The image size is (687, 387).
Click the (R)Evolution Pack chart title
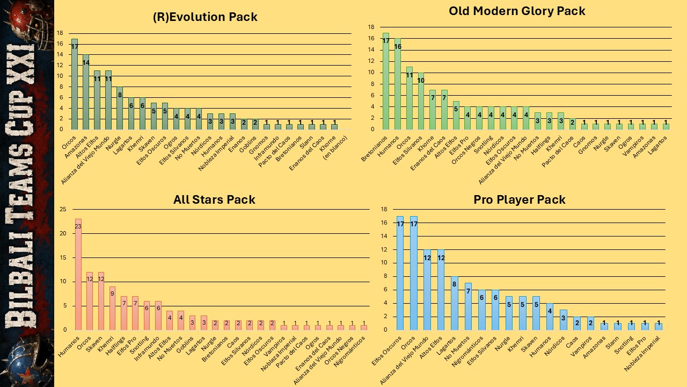click(x=205, y=17)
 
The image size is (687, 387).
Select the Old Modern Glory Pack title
click(x=517, y=11)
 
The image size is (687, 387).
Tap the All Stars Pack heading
click(x=214, y=199)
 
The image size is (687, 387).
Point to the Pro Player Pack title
click(x=519, y=199)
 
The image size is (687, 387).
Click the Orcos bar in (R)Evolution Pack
click(x=74, y=84)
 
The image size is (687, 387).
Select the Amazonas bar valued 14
click(x=85, y=92)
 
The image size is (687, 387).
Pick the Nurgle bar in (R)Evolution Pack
click(x=120, y=108)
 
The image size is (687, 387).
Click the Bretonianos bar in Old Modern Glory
click(x=386, y=81)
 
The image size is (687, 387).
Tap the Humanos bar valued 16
click(x=398, y=84)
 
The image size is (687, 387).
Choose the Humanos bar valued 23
click(x=78, y=275)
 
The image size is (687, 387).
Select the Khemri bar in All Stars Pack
click(x=112, y=309)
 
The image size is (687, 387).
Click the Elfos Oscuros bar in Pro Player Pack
click(x=400, y=273)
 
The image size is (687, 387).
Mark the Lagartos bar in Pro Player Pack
click(x=454, y=304)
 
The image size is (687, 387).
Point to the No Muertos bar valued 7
click(x=468, y=306)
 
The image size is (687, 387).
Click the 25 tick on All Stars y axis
click(x=63, y=210)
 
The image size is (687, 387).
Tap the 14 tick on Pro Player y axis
click(x=384, y=236)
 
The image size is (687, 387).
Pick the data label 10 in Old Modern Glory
click(x=420, y=81)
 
